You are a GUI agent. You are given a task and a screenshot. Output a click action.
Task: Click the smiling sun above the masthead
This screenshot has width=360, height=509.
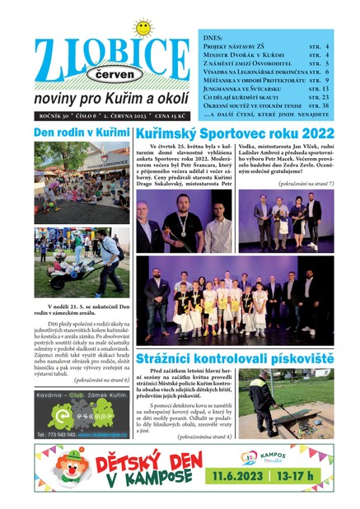(143, 29)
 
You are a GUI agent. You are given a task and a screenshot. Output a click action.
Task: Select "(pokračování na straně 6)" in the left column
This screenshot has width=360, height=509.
(89, 380)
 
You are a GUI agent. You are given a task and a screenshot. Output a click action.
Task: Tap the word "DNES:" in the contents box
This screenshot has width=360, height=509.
(213, 38)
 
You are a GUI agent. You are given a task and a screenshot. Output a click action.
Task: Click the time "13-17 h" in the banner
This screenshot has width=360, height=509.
(309, 477)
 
